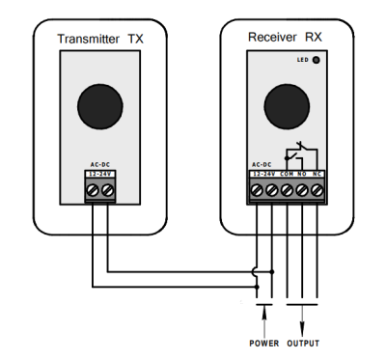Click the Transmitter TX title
tap(100, 39)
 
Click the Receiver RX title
tap(285, 37)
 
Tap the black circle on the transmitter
tap(100, 106)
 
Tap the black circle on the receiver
tap(287, 106)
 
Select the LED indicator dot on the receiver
tap(317, 60)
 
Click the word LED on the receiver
tap(303, 60)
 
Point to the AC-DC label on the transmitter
tap(100, 165)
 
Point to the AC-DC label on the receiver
tap(262, 165)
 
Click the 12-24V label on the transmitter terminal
tap(100, 174)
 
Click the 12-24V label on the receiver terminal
tap(264, 174)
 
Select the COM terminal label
tap(287, 174)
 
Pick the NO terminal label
tap(301, 174)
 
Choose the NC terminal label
tap(317, 174)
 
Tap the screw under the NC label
tap(317, 190)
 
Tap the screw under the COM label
tap(287, 190)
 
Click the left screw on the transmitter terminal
tap(93, 190)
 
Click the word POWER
tap(264, 344)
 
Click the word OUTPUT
tap(303, 344)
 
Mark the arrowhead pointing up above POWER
tap(264, 313)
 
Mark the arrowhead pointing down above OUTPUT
tap(302, 330)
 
